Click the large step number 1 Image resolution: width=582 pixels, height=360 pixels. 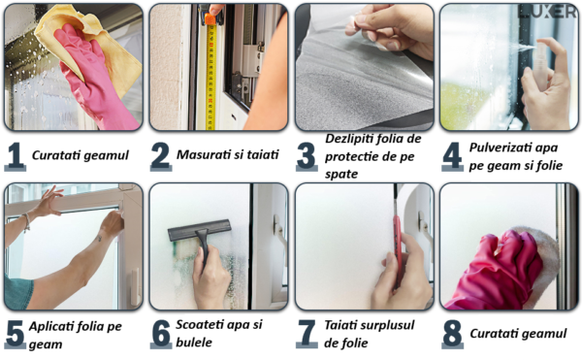click(x=16, y=155)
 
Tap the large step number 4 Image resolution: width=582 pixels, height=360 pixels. click(x=452, y=155)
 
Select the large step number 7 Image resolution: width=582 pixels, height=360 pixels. click(x=307, y=333)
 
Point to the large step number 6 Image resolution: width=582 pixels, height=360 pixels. click(x=161, y=333)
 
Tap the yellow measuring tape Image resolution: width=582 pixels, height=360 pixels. click(x=210, y=74)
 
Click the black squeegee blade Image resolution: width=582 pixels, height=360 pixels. click(x=199, y=230)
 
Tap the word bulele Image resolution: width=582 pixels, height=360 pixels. click(x=194, y=343)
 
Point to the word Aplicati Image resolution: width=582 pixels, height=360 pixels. click(x=52, y=326)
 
